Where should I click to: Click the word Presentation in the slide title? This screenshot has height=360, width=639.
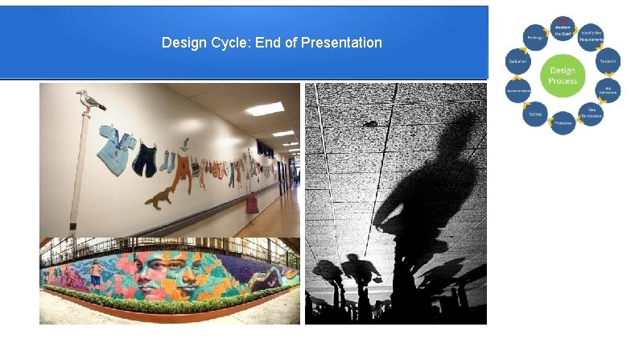340,42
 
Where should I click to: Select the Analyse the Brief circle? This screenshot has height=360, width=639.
563,29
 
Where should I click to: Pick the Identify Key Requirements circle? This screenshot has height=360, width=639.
592,36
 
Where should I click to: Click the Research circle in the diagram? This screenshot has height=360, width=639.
608,61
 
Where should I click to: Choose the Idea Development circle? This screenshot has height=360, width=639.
592,114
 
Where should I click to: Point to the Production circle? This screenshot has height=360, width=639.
563,122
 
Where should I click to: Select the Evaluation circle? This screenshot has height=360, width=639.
517,61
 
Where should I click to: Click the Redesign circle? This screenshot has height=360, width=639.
534,36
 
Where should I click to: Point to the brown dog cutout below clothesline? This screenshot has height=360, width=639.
161,197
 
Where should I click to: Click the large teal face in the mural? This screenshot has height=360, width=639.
185,273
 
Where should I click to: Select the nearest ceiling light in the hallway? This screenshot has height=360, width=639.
265,109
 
